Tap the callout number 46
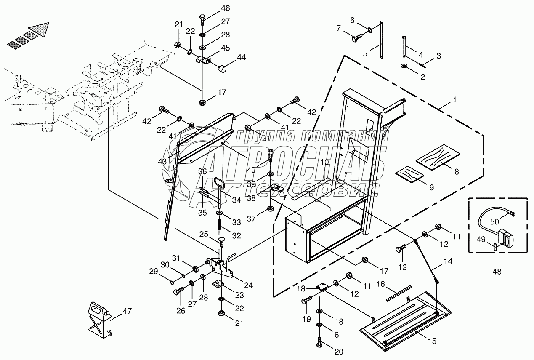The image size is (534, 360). point(225,8)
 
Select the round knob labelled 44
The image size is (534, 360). point(222,69)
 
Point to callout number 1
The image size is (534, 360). point(454,100)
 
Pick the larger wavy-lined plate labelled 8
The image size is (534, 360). point(438,157)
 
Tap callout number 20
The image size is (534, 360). point(339,352)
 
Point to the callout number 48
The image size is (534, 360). point(497,272)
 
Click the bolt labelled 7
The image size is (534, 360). point(357,38)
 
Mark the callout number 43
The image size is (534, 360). point(162,162)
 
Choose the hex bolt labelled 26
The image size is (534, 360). point(179,291)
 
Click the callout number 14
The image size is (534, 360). point(448,261)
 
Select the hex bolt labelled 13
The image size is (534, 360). point(401,248)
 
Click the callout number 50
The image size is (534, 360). point(494,221)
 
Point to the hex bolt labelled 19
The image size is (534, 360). point(307,300)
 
